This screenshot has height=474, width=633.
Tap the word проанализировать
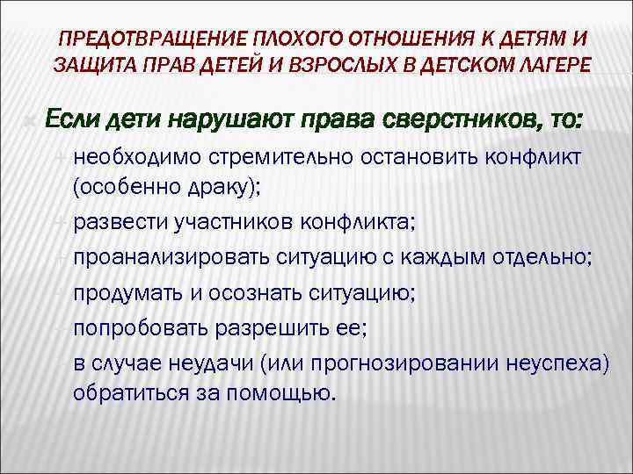(162, 258)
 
